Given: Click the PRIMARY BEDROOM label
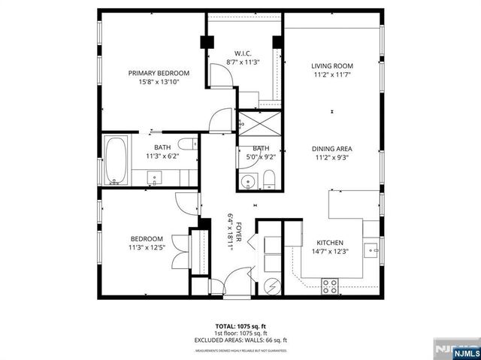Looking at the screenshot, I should (x=158, y=73).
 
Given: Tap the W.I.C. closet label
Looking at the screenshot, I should (x=243, y=53).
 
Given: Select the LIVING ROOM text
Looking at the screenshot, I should (x=332, y=66).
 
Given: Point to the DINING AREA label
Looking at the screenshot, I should (x=332, y=149).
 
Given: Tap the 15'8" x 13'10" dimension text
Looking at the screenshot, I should (x=158, y=82).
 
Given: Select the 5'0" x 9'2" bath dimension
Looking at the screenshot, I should (x=261, y=157).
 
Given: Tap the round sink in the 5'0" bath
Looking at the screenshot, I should (x=247, y=180).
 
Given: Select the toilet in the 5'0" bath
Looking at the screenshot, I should (x=269, y=179).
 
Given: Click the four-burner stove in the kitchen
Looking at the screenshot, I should (x=330, y=285).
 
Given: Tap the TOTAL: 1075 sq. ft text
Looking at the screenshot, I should (x=240, y=326).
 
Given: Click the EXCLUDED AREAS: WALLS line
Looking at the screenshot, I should (x=240, y=340).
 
